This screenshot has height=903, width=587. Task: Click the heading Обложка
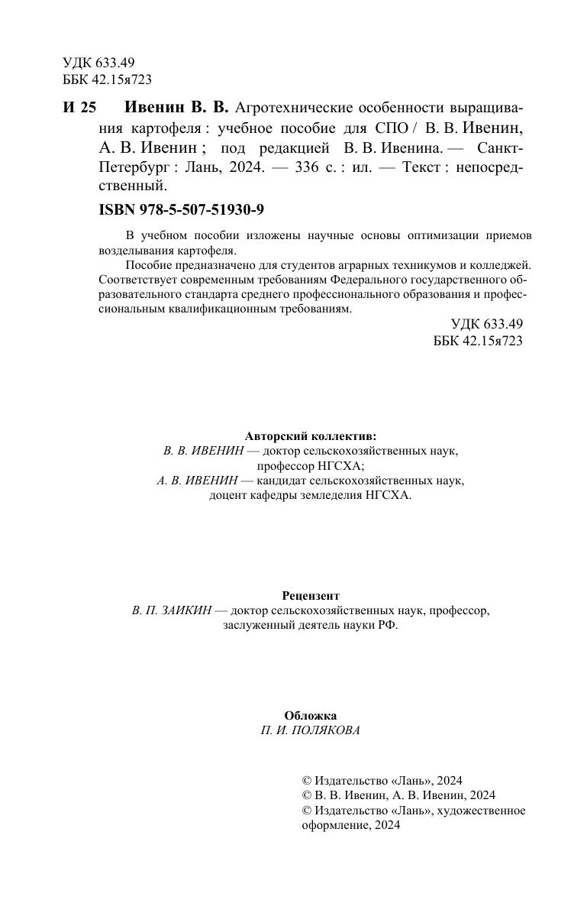tap(310, 716)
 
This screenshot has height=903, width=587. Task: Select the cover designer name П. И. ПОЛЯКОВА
tap(310, 730)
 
